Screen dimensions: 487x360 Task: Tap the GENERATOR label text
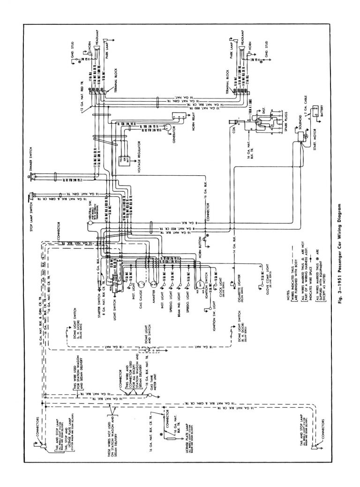[174, 134]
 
